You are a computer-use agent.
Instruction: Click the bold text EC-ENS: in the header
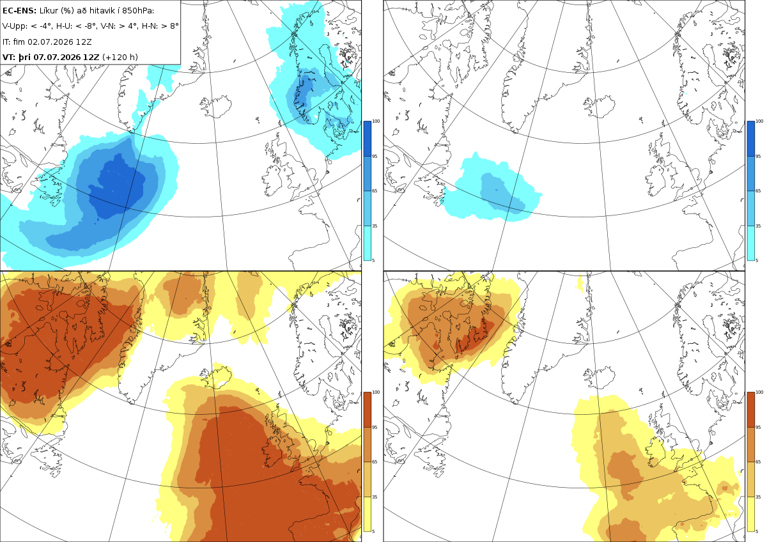(x=19, y=11)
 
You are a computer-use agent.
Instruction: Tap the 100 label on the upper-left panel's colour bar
(x=376, y=121)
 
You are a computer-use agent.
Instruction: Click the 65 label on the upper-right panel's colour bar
(x=758, y=190)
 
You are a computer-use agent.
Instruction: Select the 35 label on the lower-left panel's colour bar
(x=375, y=497)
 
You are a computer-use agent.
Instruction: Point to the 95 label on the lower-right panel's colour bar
(x=758, y=428)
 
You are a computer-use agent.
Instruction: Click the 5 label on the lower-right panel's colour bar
(x=757, y=531)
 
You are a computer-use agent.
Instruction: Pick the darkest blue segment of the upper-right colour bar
(x=750, y=139)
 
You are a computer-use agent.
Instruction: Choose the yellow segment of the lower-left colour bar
(x=367, y=514)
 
